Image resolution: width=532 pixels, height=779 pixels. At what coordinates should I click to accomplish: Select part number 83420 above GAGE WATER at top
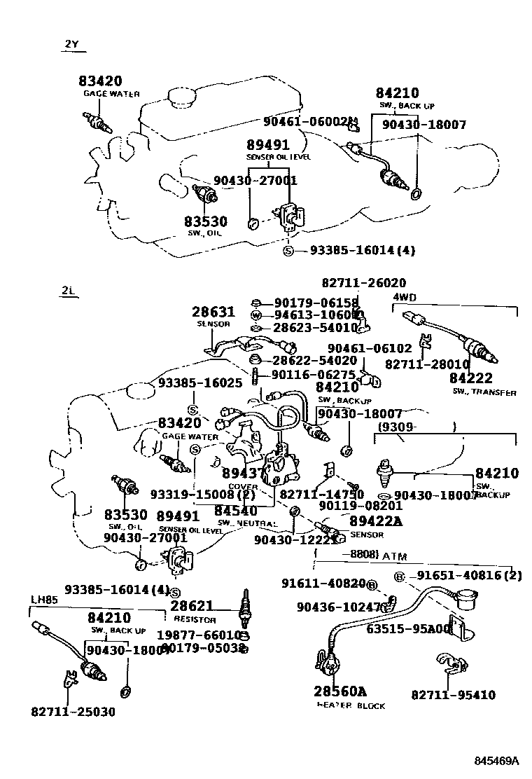[100, 81]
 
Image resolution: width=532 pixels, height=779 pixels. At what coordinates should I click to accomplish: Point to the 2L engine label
[69, 291]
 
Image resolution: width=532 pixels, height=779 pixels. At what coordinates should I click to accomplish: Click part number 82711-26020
[363, 283]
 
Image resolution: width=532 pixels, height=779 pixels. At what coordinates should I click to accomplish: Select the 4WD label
[404, 297]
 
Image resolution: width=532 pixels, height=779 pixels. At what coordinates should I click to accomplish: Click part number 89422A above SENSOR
[376, 521]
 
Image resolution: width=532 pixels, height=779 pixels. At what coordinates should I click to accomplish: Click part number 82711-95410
[453, 695]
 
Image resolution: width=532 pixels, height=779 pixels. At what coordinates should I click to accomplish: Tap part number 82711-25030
[73, 712]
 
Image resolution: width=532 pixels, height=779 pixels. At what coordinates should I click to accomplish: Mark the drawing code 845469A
[496, 760]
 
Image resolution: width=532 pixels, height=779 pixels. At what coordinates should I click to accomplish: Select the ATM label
[394, 556]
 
